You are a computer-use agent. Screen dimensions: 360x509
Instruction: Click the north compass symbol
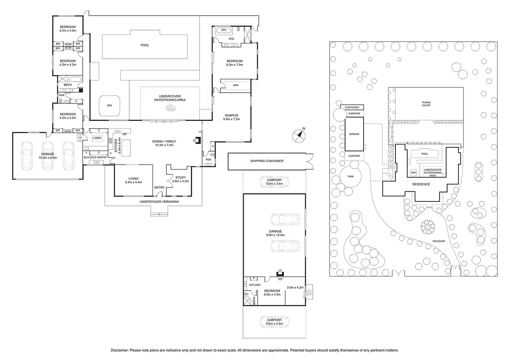299,135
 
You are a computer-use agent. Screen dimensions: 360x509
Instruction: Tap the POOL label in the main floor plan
145,45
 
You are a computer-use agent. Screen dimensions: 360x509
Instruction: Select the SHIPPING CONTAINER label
267,161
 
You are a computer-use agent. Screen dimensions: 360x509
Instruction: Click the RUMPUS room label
232,115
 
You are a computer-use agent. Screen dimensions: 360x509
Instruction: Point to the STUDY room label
180,178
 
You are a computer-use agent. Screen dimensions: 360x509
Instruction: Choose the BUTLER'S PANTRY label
95,157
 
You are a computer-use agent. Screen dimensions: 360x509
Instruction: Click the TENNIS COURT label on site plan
426,104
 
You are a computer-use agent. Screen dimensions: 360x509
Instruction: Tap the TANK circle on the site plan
350,176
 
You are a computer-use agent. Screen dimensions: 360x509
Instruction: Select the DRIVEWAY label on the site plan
439,241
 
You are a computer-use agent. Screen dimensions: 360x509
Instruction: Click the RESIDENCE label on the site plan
421,184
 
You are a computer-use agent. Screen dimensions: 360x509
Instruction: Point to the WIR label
236,85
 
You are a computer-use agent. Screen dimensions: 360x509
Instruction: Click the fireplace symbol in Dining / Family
198,140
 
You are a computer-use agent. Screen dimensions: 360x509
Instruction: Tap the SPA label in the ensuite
224,30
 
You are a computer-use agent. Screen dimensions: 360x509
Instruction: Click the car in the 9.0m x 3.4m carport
274,182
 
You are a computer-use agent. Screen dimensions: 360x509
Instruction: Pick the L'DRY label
97,138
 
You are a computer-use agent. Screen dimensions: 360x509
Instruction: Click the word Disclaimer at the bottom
119,350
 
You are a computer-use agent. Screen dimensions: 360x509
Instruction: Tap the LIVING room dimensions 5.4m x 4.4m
133,182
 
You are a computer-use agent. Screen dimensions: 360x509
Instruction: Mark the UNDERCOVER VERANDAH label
159,202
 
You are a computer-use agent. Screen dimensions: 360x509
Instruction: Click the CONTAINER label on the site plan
352,107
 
